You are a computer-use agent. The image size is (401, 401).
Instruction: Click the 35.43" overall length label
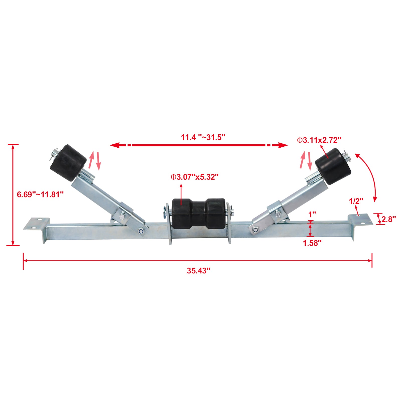(198, 271)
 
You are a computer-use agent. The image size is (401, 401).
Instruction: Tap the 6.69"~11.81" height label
(40, 194)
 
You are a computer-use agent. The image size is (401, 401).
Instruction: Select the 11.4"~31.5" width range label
(203, 137)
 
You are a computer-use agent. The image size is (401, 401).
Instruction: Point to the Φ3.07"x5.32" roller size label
(195, 177)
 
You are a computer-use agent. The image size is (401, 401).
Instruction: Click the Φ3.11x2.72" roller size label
(319, 140)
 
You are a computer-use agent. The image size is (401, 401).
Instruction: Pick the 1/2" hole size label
(356, 201)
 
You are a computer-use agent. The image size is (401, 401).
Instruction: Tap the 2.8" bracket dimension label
(388, 219)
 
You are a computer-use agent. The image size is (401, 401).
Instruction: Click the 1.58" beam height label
(312, 243)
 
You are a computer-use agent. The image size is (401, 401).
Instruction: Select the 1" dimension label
(312, 215)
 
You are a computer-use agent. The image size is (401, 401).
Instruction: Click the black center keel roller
(198, 213)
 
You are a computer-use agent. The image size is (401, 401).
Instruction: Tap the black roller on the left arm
(68, 163)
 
